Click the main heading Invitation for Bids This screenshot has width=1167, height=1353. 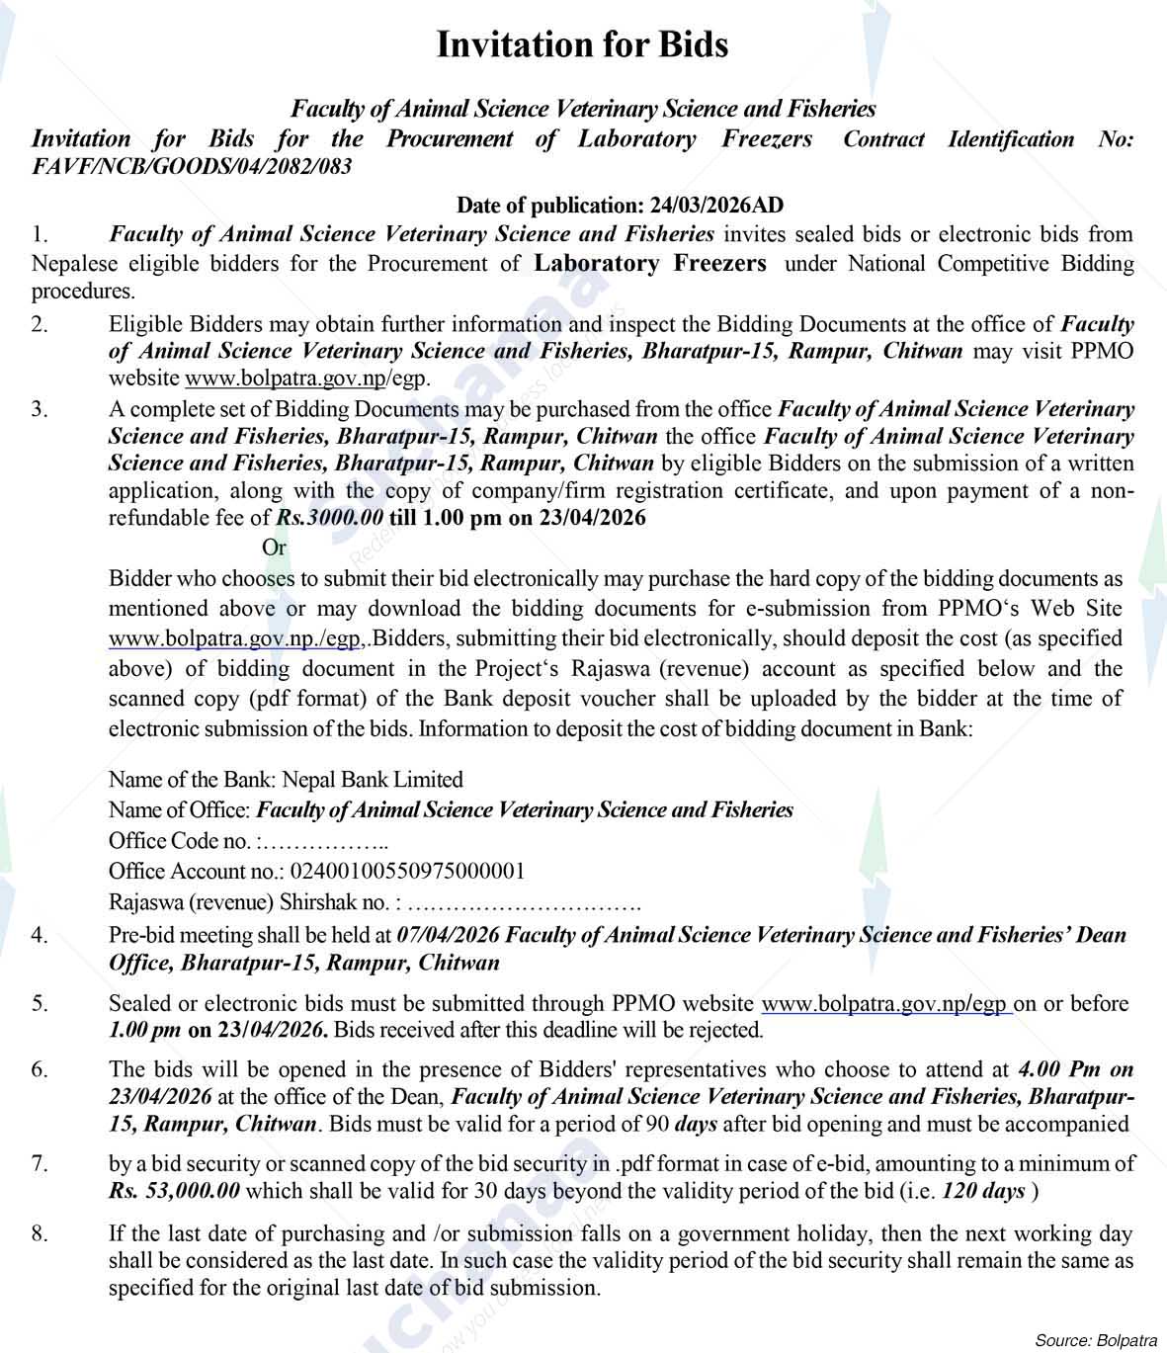pos(582,44)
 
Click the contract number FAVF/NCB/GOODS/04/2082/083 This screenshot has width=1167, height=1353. pos(192,166)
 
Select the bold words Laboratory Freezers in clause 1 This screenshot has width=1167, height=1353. pos(649,264)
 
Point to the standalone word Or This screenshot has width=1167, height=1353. pos(274,548)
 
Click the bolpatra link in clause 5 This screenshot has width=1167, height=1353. pos(885,1004)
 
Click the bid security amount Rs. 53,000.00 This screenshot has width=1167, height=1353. pos(174,1191)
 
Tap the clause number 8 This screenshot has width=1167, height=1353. pos(39,1233)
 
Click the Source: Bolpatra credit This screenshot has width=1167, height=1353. pos(1095,1340)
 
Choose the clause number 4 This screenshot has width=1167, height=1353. pos(39,935)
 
